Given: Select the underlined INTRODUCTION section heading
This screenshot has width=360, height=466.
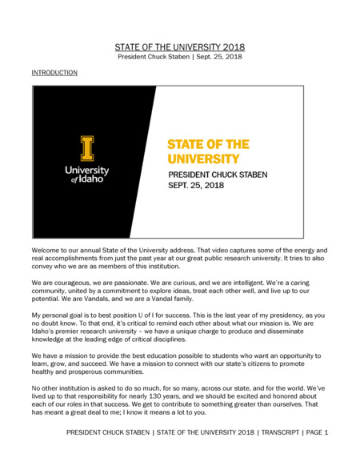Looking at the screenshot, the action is pos(54,73).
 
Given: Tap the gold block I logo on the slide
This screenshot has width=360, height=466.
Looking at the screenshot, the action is pos(86,148).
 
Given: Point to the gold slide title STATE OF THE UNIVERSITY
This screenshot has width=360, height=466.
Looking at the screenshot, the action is pos(208,151).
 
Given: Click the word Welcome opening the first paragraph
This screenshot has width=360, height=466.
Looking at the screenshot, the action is pos(46,251).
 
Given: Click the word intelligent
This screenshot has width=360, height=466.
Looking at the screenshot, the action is pos(243,283).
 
